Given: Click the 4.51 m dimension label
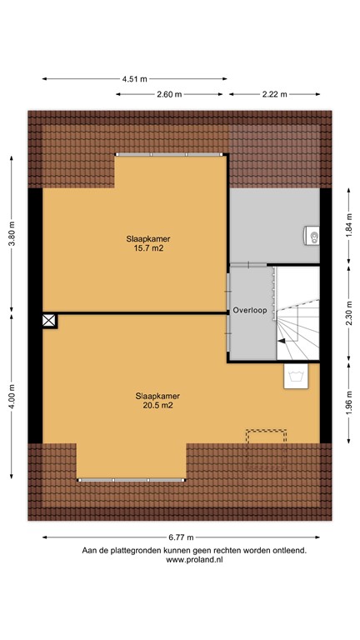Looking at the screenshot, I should tap(134, 79).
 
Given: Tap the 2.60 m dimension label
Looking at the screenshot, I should tap(169, 95).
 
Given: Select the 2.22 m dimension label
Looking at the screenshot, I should tap(274, 95).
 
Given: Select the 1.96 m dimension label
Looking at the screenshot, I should tap(348, 402).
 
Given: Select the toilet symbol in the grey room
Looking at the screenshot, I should tap(313, 237).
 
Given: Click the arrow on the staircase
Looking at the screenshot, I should tap(285, 339).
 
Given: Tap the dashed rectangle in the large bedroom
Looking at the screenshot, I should tap(266, 437).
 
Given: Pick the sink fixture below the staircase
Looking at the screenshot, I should tap(295, 377).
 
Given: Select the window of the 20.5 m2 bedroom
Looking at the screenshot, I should tap(131, 480).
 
